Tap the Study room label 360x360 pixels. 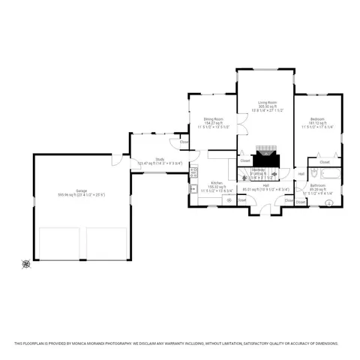[160, 158]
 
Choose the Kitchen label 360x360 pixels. [216, 183]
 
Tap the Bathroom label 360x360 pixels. [318, 184]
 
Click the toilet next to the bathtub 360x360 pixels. [313, 196]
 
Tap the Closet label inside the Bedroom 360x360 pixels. [325, 162]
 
